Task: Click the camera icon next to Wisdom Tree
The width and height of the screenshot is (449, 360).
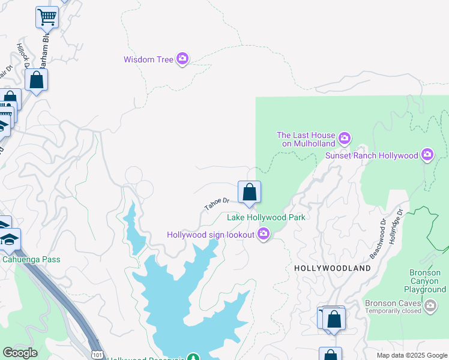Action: pyautogui.click(x=182, y=59)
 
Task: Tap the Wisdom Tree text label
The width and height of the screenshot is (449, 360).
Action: pyautogui.click(x=148, y=59)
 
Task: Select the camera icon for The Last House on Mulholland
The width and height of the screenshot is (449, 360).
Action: pyautogui.click(x=344, y=139)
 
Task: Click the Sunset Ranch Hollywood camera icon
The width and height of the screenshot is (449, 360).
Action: pyautogui.click(x=427, y=155)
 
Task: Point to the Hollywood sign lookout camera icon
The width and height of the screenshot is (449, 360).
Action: pyautogui.click(x=263, y=235)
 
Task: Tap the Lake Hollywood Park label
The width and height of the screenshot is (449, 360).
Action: pyautogui.click(x=266, y=217)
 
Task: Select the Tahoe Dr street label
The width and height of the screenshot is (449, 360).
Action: pyautogui.click(x=217, y=204)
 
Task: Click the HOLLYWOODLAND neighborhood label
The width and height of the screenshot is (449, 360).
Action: pyautogui.click(x=333, y=268)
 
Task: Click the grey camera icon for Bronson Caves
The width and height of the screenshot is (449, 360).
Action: pyautogui.click(x=430, y=307)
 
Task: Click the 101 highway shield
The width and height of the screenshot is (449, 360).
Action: pyautogui.click(x=97, y=355)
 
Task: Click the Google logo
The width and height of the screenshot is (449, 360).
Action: pyautogui.click(x=20, y=353)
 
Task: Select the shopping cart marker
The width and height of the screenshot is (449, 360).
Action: pyautogui.click(x=47, y=18)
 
